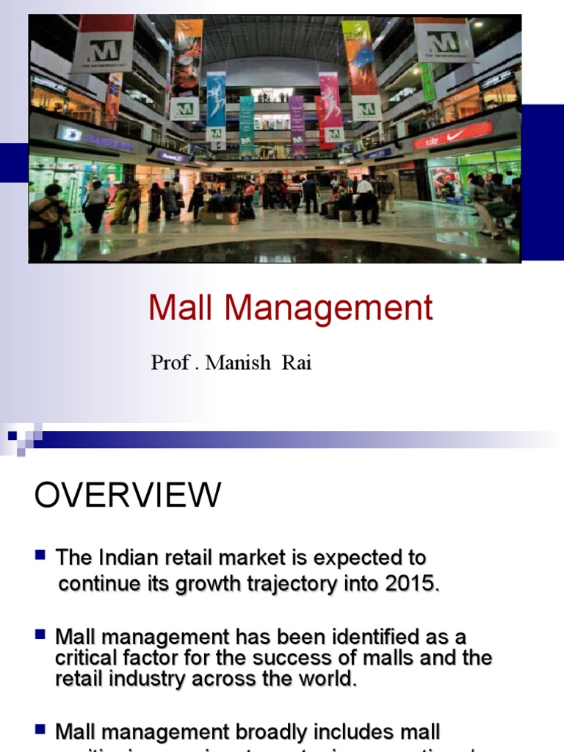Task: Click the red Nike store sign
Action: pyautogui.click(x=453, y=135)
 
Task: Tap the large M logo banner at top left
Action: pyautogui.click(x=104, y=45)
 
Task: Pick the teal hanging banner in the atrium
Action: pyautogui.click(x=247, y=126)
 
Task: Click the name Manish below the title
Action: pyautogui.click(x=238, y=363)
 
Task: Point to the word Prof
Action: pyautogui.click(x=169, y=363)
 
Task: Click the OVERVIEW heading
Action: pyautogui.click(x=127, y=496)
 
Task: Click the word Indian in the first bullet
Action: pyautogui.click(x=126, y=557)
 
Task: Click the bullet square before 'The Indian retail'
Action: pyautogui.click(x=41, y=555)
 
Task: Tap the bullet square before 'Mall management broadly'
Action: pyautogui.click(x=41, y=729)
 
